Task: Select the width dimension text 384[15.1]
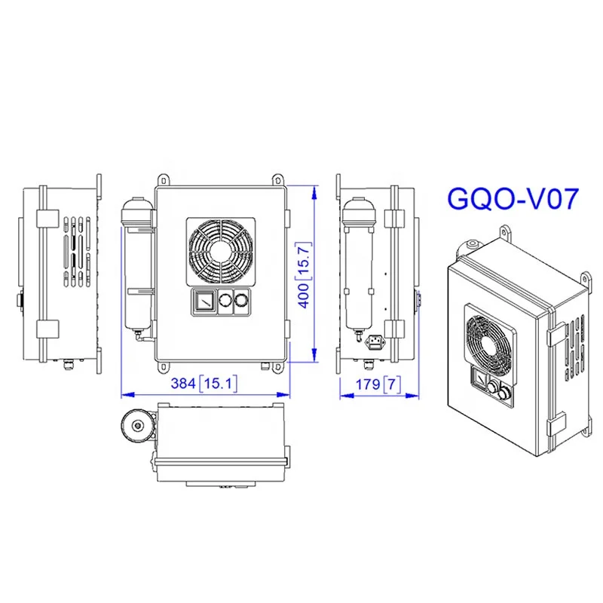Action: pyautogui.click(x=204, y=383)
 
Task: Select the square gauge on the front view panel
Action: pyautogui.click(x=201, y=301)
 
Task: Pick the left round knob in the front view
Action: pyautogui.click(x=223, y=301)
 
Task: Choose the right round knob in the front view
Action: pyautogui.click(x=240, y=301)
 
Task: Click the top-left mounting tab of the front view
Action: pyautogui.click(x=163, y=179)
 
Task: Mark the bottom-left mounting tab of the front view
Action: pyautogui.click(x=163, y=367)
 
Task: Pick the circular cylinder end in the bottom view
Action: pyautogui.click(x=137, y=425)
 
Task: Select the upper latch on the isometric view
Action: pyautogui.click(x=556, y=329)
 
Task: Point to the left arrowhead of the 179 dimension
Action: pyautogui.click(x=341, y=393)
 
